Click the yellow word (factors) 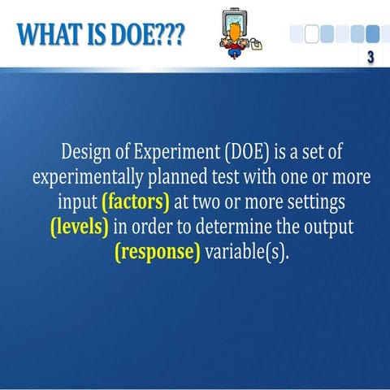136,201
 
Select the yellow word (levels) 80,226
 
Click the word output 324,226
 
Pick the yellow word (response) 158,250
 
